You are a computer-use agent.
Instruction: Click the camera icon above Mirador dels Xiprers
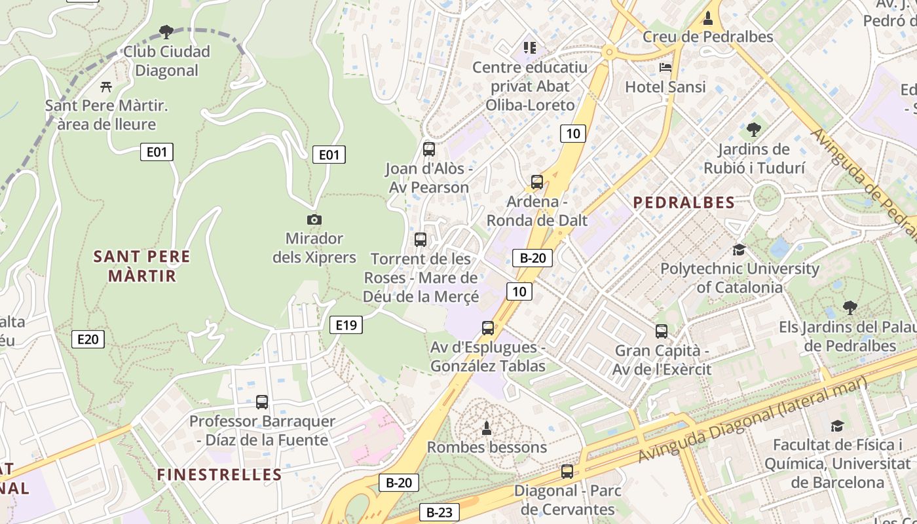coord(314,220)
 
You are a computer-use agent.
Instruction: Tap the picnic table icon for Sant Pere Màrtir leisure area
coord(106,86)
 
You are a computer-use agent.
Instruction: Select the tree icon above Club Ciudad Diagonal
coord(166,31)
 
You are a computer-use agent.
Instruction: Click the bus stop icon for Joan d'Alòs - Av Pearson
coord(429,149)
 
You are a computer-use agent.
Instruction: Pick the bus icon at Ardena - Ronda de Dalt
coord(537,182)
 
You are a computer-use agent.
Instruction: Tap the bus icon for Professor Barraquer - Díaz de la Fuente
coord(262,402)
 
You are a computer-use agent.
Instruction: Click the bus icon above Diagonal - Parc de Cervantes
coord(567,471)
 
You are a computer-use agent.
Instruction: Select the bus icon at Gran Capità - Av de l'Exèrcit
coord(662,331)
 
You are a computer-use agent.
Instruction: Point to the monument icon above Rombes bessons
coord(487,428)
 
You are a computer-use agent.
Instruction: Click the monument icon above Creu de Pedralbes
coord(707,18)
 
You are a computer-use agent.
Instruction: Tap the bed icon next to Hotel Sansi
coord(665,67)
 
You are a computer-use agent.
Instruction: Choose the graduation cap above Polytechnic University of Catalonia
coord(739,250)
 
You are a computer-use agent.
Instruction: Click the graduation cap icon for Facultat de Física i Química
coord(837,426)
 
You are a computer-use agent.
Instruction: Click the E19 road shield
coord(346,325)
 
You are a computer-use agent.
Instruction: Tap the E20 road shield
coord(88,339)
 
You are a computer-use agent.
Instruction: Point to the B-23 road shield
coord(439,512)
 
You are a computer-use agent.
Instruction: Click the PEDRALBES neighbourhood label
coord(684,202)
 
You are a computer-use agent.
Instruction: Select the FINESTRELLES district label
coord(219,475)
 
